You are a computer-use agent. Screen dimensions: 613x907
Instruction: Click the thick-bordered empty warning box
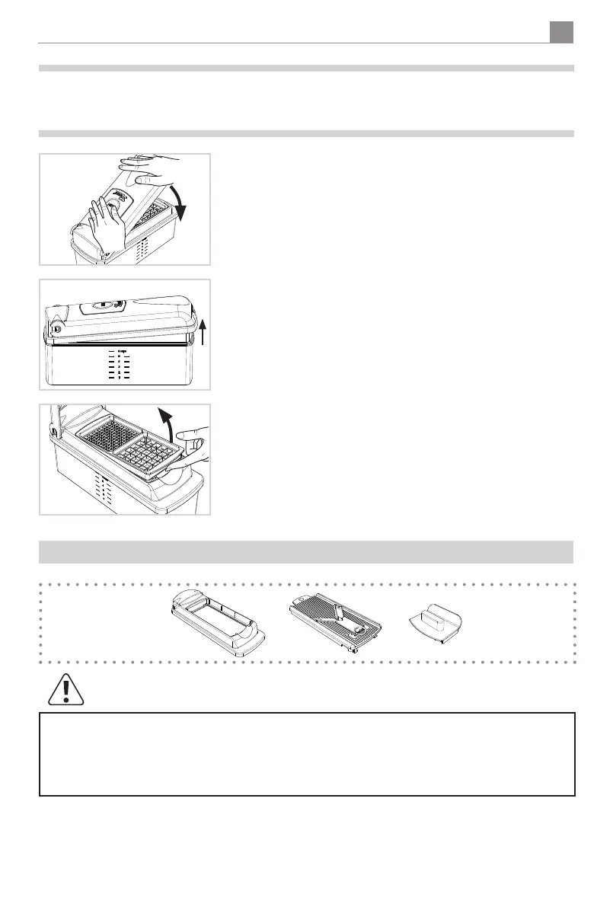click(306, 754)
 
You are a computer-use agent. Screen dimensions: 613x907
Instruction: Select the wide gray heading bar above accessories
click(306, 551)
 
